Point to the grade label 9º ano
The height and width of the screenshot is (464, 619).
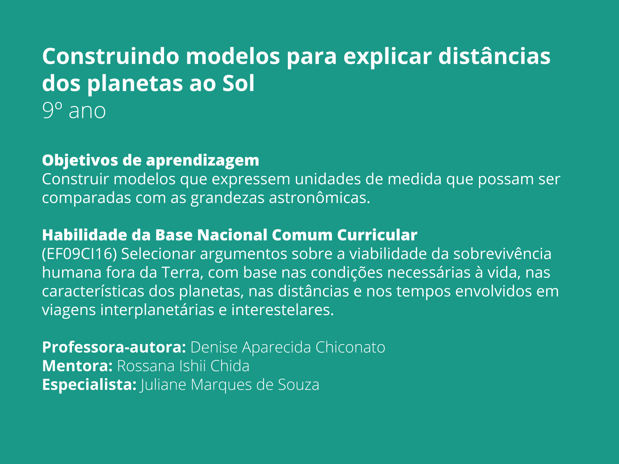tap(74, 111)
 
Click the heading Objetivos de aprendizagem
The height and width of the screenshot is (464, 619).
tap(150, 160)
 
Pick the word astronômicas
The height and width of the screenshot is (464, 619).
tap(320, 198)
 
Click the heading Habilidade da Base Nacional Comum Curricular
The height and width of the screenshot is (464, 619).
tap(229, 235)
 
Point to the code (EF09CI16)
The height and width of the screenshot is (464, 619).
tap(79, 254)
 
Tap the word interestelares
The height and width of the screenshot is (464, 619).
tap(282, 310)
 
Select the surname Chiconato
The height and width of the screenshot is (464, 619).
tap(350, 347)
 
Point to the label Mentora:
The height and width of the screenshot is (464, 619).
tap(77, 366)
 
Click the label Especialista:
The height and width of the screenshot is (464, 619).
tap(89, 385)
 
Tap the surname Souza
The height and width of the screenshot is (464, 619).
tap(299, 385)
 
